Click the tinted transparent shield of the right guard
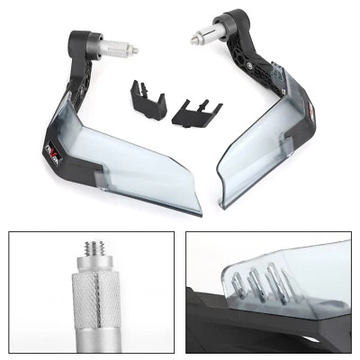coord(261,144)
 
